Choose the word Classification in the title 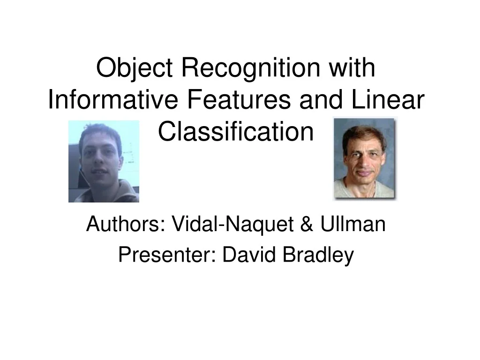(x=235, y=132)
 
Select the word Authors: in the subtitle (x=124, y=225)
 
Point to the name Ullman (x=352, y=225)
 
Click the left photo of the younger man (x=104, y=162)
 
